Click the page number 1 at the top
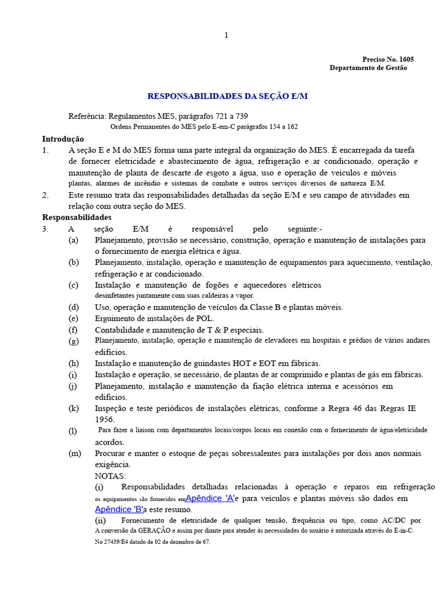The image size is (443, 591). click(x=226, y=35)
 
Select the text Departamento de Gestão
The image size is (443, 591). click(x=368, y=68)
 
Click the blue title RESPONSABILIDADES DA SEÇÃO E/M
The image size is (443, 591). click(x=228, y=96)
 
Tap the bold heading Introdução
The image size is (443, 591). click(x=63, y=139)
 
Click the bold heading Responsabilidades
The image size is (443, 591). click(x=77, y=218)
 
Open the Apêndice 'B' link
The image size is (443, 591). click(x=119, y=510)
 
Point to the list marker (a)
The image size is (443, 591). click(x=73, y=240)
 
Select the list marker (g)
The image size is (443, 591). click(x=73, y=341)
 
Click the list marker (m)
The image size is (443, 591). click(x=74, y=453)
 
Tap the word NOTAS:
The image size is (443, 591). click(x=110, y=476)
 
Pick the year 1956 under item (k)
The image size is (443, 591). click(x=104, y=420)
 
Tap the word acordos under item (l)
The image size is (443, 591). click(x=109, y=442)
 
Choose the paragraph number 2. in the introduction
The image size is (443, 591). click(x=46, y=195)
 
